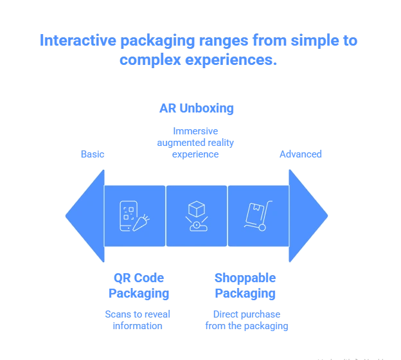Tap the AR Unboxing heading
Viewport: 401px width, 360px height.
196,108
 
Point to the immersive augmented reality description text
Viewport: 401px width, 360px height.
196,143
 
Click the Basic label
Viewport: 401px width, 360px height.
92,154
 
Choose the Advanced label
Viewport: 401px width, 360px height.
300,154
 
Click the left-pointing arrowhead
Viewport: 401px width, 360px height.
85,216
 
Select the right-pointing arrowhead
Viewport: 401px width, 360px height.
308,216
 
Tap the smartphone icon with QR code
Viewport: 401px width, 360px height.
129,214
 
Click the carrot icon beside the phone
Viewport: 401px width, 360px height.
141,223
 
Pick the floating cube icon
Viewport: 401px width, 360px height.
196,210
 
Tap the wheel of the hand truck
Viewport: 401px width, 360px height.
262,227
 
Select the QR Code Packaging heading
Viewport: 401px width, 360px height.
138,286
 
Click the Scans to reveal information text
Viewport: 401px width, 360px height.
138,319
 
